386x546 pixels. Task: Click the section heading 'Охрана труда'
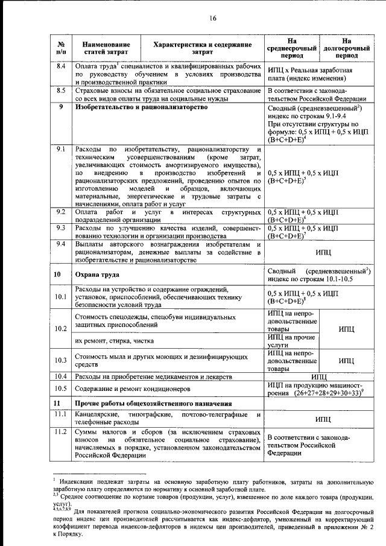tap(90, 275)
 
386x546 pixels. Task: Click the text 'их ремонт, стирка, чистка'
tap(113, 341)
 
